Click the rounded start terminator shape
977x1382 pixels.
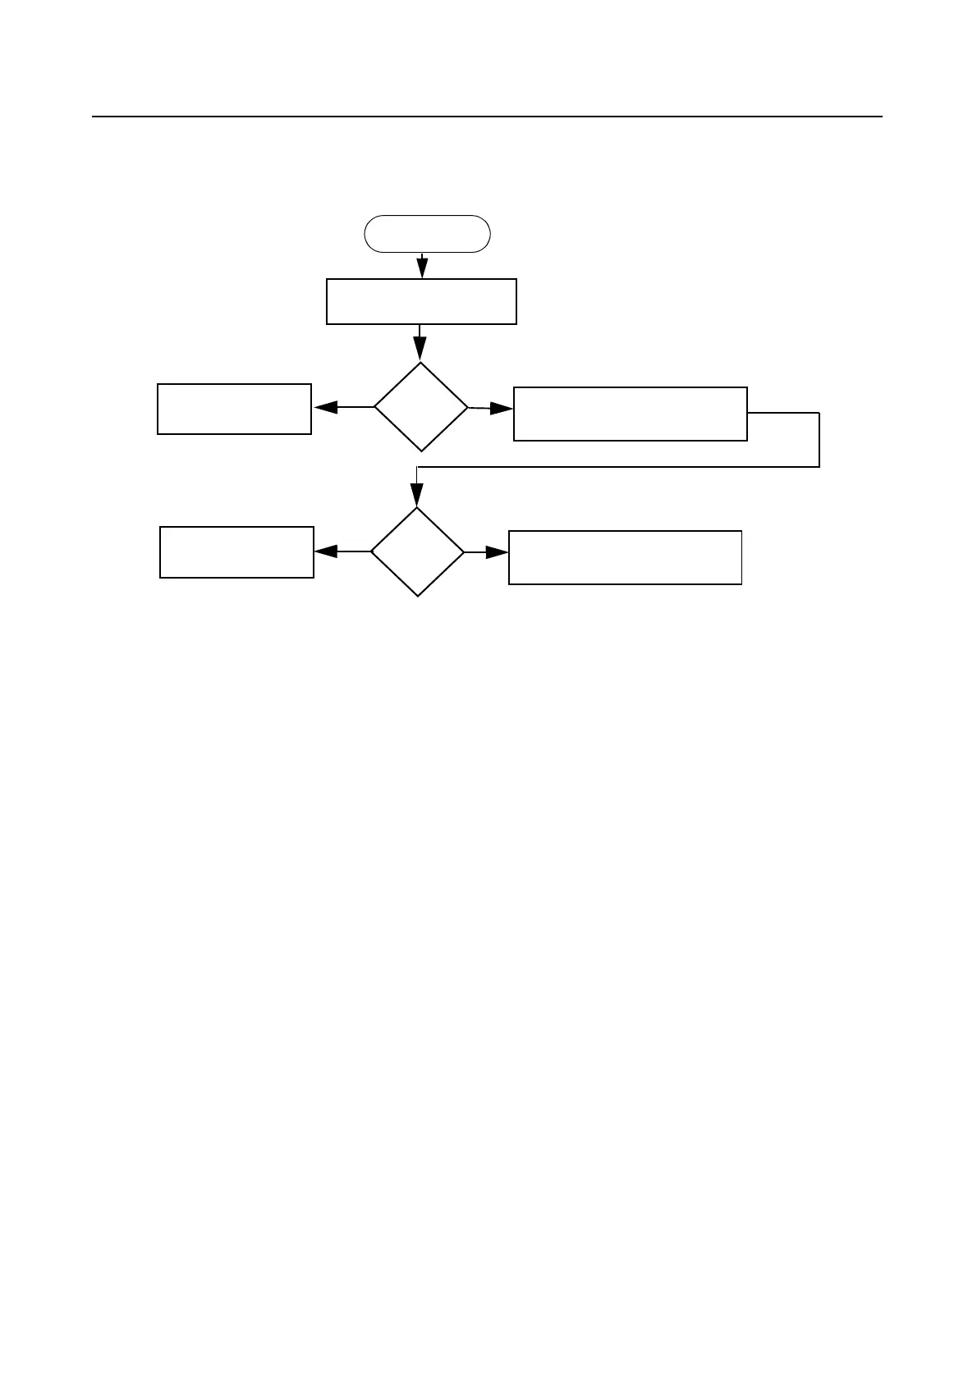(427, 234)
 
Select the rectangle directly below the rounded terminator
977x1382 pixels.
(421, 301)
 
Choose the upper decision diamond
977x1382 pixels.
(421, 407)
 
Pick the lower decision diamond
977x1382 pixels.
(417, 552)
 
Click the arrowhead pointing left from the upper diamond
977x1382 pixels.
(325, 407)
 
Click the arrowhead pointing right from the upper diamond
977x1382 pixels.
(500, 408)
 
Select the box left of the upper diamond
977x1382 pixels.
(234, 409)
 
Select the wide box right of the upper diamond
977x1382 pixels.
(630, 414)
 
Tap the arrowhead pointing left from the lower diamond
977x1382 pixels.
(326, 552)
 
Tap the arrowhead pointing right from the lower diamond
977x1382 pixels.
(497, 553)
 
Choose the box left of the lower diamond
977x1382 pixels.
(236, 552)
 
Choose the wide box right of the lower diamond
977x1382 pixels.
(625, 557)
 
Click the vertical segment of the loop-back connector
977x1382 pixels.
(819, 439)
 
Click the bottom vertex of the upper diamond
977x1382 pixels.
(421, 451)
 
